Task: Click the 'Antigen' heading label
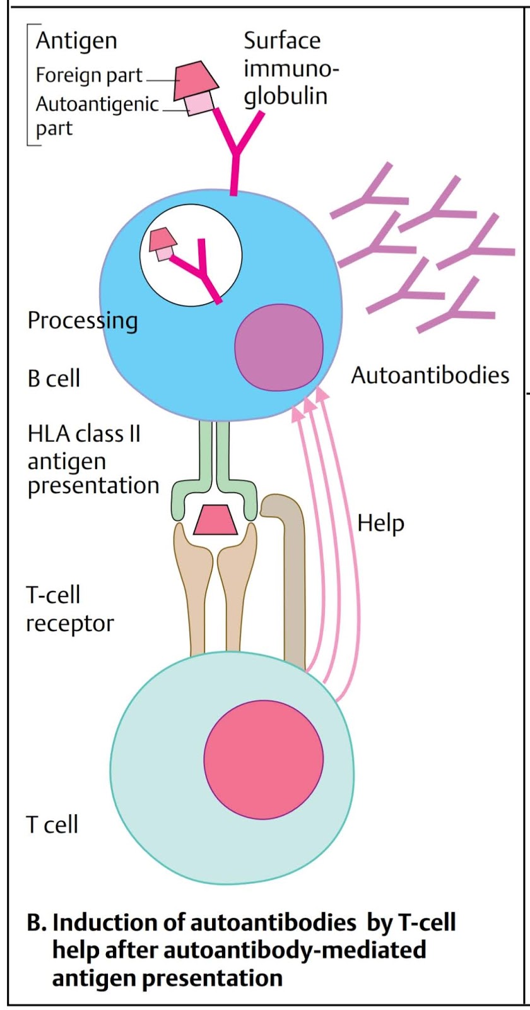76,40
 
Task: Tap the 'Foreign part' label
89,75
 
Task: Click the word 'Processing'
82,320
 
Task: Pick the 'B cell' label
54,378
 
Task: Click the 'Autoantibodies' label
430,375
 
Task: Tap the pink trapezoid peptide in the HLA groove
215,520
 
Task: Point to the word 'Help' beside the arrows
380,523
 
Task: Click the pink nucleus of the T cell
263,759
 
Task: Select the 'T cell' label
52,824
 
